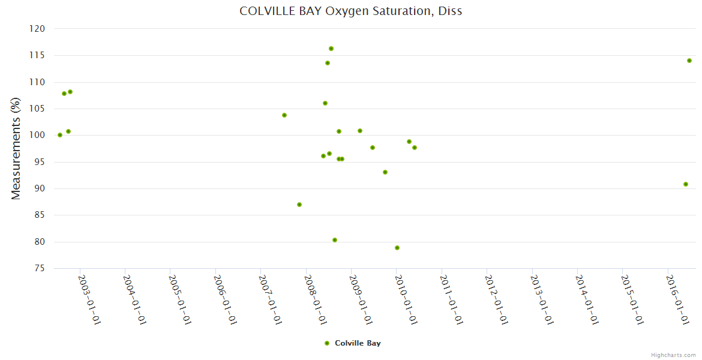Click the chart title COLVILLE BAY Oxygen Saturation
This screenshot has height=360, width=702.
[x=351, y=11]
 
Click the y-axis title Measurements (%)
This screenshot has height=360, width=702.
[x=16, y=149]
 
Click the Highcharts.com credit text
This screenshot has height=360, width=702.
[x=673, y=355]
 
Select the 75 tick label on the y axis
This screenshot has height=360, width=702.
[x=40, y=268]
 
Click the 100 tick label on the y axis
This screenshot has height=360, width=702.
[x=37, y=135]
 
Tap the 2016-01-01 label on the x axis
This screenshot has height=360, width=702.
[x=678, y=299]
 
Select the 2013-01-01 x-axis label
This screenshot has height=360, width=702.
[x=542, y=299]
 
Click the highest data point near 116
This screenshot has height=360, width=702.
[x=331, y=49]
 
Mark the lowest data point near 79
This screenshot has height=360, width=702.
[x=397, y=248]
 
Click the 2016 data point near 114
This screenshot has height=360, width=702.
[x=689, y=61]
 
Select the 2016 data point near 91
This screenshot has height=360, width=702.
[x=686, y=184]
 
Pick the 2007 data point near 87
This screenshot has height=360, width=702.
[x=299, y=205]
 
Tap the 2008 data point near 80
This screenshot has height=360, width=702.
[x=335, y=240]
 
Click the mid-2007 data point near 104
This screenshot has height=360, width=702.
[x=284, y=115]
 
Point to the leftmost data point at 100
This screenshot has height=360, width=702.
[x=60, y=135]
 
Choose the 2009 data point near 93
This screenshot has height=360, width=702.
[x=385, y=172]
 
